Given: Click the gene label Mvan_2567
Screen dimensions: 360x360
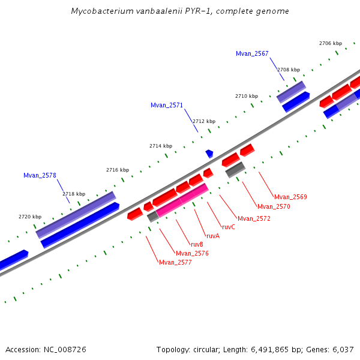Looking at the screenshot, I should pos(252,54).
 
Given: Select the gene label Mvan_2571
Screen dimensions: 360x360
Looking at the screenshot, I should pos(167,106).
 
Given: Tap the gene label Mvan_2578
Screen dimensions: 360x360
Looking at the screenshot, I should pos(40,176).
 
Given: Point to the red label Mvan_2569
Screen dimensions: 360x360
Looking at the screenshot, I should pos(290,197).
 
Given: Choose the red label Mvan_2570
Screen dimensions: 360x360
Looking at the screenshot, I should pos(274,207).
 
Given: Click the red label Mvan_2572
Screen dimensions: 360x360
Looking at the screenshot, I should pos(254,219).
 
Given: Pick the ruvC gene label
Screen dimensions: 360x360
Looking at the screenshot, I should pos(229,227).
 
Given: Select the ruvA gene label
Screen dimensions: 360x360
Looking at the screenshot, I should pos(213,236).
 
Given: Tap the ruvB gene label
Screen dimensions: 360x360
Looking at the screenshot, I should pos(197,245).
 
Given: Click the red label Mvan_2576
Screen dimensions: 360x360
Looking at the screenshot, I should pos(192,254).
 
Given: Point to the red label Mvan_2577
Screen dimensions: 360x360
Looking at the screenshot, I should pos(175,263).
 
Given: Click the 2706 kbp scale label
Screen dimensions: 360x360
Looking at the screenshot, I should pos(331,43).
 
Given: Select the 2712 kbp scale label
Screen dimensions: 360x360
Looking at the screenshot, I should pos(203,121).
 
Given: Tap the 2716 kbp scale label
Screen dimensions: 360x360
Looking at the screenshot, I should pos(118,170).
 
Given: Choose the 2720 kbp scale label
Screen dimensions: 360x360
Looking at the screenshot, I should pos(30,217).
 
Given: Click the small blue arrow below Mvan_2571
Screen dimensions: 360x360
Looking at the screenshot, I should pos(209,154).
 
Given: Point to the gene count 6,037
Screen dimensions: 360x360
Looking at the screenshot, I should pos(343,349).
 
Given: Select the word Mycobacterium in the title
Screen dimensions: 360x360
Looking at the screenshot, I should pos(99,11).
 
